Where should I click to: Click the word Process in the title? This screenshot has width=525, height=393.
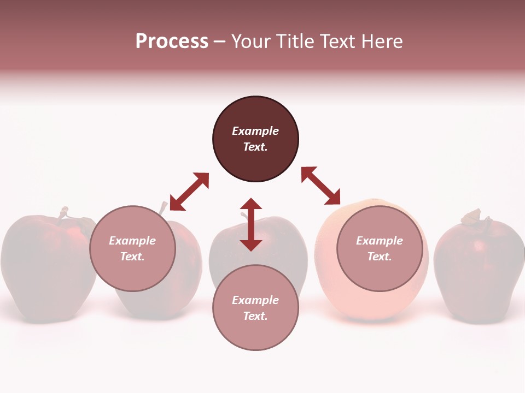[172, 41]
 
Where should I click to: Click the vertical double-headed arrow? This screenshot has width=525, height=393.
[251, 224]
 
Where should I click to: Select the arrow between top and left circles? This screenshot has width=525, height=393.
[189, 192]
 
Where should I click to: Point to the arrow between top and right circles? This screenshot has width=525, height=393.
[321, 186]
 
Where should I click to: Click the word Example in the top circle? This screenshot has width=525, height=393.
[255, 131]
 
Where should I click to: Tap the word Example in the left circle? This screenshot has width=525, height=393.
[132, 241]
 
